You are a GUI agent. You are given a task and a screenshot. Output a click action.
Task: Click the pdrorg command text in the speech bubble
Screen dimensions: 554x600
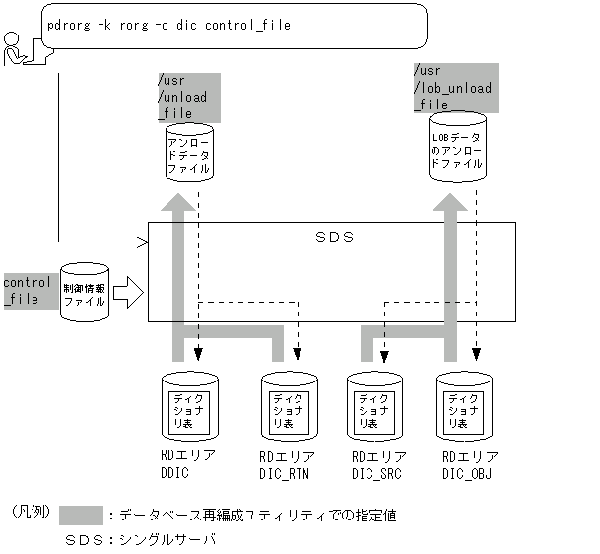click(x=168, y=25)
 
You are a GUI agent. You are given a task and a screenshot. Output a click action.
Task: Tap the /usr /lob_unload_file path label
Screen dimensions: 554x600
click(x=452, y=87)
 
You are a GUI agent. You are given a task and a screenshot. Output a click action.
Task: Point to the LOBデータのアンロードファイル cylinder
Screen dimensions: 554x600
click(x=456, y=150)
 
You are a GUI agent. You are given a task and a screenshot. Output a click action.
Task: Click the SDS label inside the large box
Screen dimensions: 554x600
click(x=333, y=238)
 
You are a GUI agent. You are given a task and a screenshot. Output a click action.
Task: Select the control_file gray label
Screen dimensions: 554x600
click(x=28, y=290)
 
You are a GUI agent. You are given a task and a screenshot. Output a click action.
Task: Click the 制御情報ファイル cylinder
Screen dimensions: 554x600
click(x=84, y=292)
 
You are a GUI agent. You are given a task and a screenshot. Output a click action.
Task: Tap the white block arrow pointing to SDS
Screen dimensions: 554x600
click(x=128, y=292)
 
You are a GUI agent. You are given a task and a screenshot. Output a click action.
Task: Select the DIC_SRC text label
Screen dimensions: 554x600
click(x=378, y=473)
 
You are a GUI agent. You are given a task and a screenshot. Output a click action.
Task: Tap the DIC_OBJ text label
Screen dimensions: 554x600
click(x=468, y=472)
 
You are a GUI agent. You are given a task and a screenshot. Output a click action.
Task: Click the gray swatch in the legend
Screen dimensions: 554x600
click(x=81, y=515)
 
